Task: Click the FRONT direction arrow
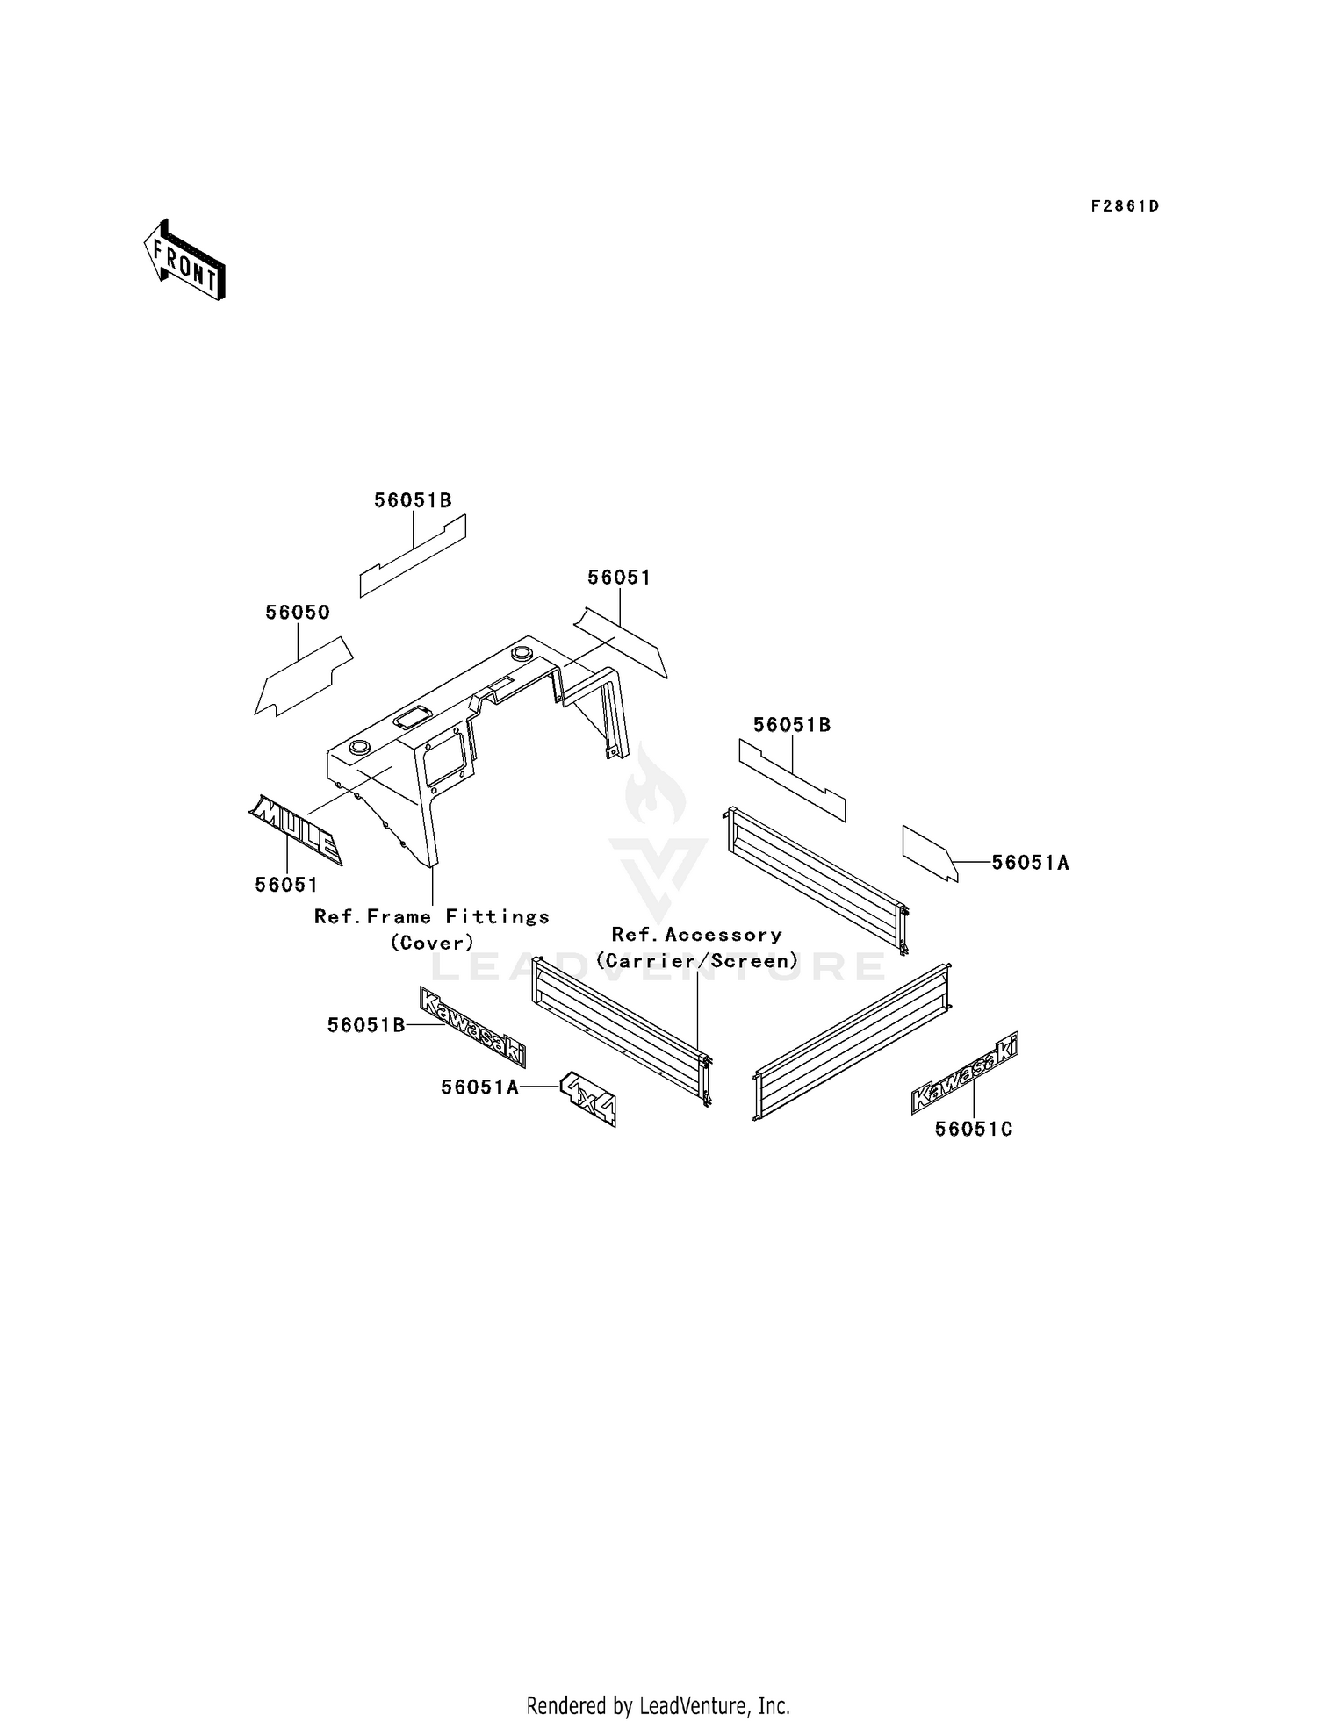tap(184, 260)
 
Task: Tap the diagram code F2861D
tap(1125, 206)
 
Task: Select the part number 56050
tap(298, 613)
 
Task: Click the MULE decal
tap(296, 829)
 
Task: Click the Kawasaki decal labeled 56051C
tap(965, 1073)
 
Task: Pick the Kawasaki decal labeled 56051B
tap(472, 1026)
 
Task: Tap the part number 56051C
tap(974, 1130)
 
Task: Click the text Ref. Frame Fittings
tap(432, 917)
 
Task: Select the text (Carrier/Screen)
tap(697, 961)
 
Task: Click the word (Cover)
tap(432, 943)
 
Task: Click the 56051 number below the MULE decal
tap(286, 885)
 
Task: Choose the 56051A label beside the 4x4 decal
tap(479, 1087)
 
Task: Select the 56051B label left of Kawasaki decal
tap(366, 1025)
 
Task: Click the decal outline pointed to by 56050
tap(304, 676)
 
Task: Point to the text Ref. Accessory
tap(697, 936)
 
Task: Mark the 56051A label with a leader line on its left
tap(1031, 863)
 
